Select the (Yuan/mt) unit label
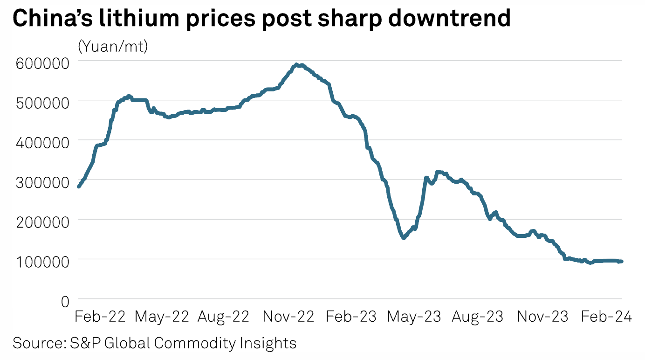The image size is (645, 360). (113, 46)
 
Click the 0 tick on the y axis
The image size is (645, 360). (65, 301)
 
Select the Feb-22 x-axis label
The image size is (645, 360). (100, 317)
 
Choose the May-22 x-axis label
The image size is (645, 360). (162, 317)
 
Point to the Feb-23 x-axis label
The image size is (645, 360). (351, 317)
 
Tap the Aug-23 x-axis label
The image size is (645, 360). (478, 317)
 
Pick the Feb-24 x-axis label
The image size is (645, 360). (605, 317)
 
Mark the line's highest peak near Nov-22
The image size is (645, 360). (296, 65)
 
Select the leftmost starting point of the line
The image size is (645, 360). (78, 187)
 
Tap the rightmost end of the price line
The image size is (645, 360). (622, 261)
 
